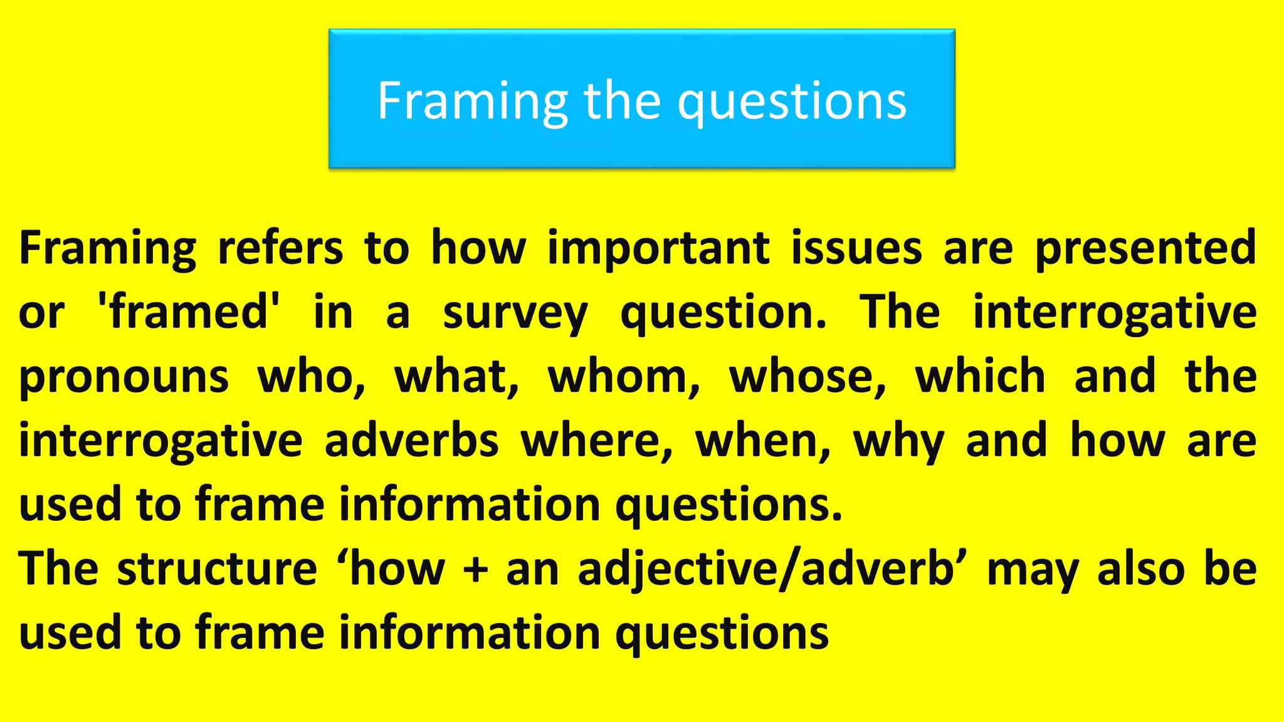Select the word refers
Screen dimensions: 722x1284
[x=280, y=248]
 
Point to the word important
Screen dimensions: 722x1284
[x=658, y=248]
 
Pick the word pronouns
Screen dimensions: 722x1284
[x=124, y=377]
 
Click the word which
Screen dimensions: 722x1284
[x=980, y=377]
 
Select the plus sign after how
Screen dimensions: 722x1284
[x=476, y=570]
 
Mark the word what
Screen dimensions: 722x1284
[x=456, y=377]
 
